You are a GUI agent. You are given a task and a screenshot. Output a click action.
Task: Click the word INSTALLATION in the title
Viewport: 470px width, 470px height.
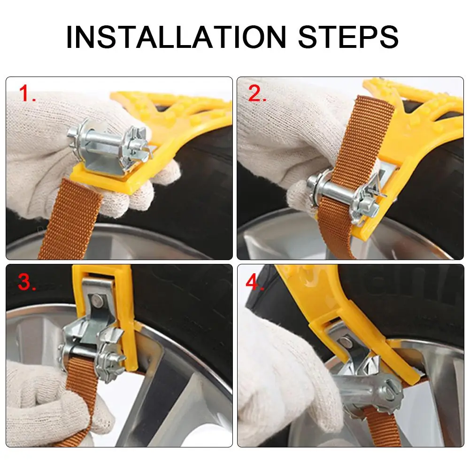tap(176, 37)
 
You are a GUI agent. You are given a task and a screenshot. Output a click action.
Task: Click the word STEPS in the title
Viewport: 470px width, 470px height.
tap(348, 37)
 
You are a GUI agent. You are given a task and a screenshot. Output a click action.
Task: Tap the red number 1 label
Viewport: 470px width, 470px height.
tap(27, 93)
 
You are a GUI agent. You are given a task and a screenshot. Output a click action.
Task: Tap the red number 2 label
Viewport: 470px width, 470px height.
tap(257, 93)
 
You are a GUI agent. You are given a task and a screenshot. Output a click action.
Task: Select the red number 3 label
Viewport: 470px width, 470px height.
tap(27, 282)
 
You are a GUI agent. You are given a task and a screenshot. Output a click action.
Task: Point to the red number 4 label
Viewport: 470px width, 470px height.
tap(254, 282)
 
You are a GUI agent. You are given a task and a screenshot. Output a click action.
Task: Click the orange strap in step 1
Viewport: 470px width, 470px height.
tap(70, 219)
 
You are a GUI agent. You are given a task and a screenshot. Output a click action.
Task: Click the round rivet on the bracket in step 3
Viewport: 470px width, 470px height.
tap(96, 300)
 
